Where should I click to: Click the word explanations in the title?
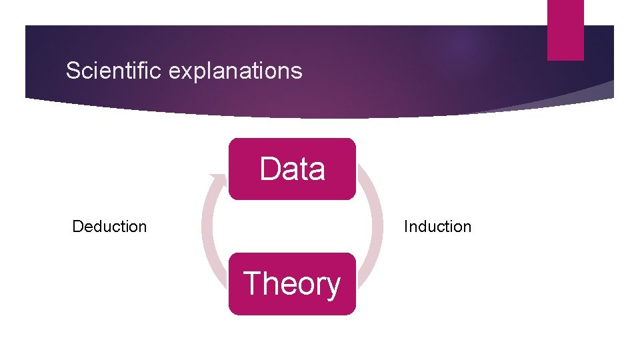tap(235, 71)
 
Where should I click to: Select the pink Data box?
tap(292, 169)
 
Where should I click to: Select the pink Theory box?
tap(292, 283)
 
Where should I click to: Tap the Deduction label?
tap(109, 227)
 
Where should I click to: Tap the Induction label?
tap(437, 227)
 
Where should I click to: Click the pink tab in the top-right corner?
tap(565, 30)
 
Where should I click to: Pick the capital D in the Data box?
tap(270, 169)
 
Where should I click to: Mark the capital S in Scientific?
tap(73, 71)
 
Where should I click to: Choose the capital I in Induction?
tap(406, 227)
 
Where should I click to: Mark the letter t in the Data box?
tap(304, 169)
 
